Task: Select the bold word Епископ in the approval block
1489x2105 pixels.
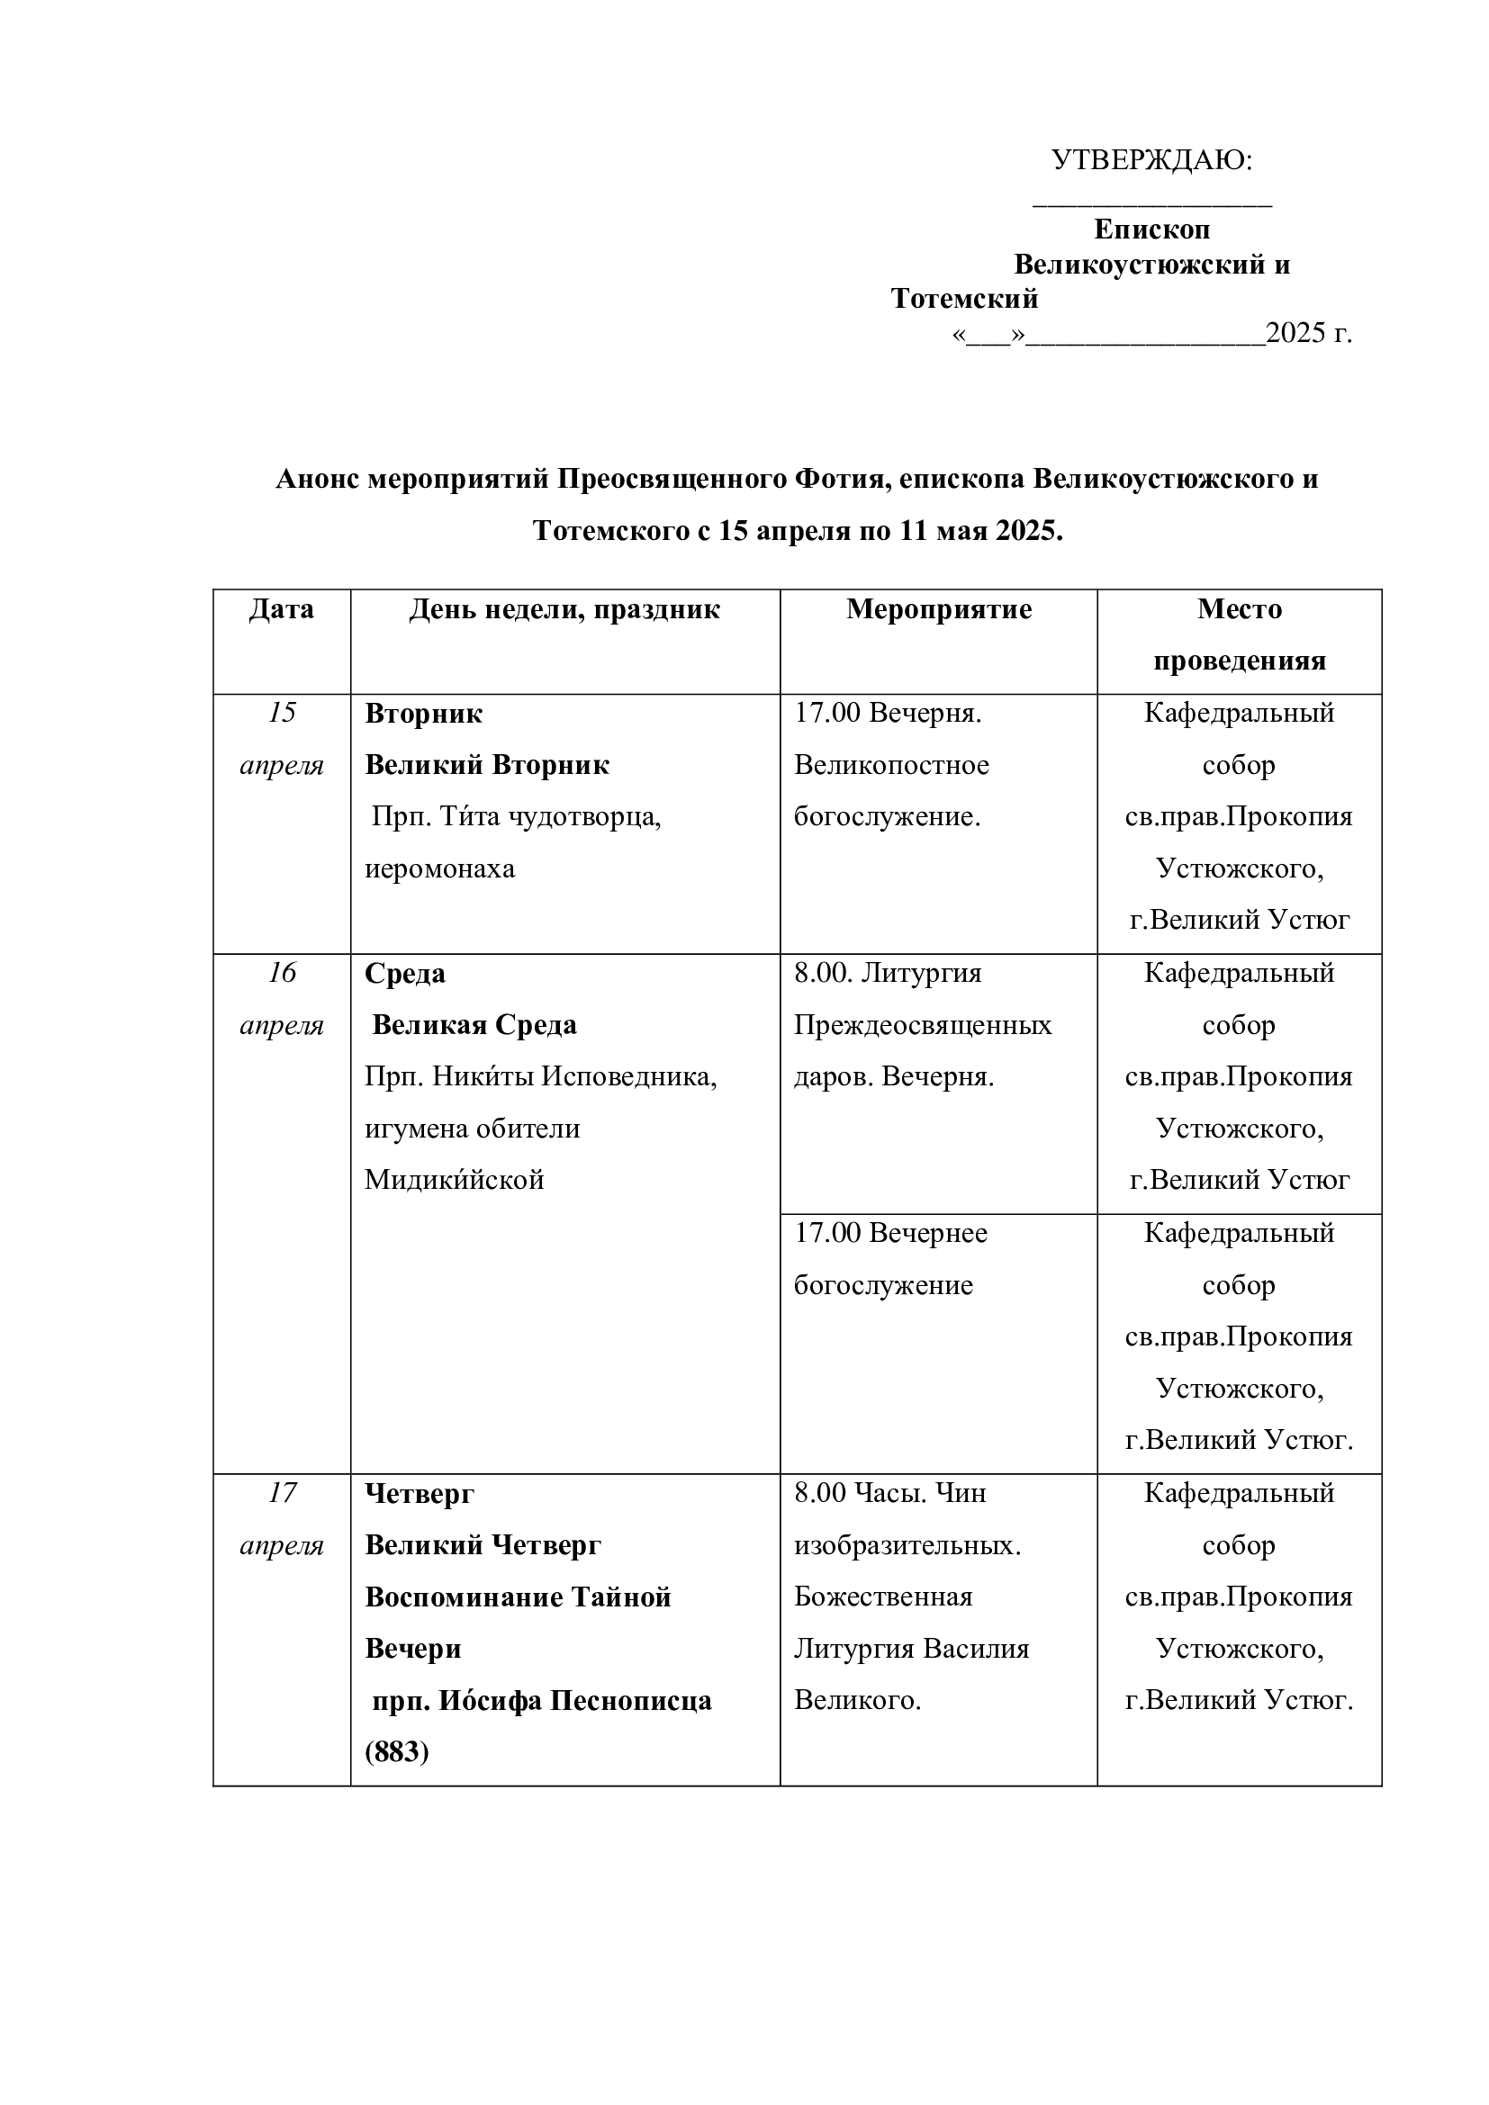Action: point(1151,229)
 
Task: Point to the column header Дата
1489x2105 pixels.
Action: point(282,609)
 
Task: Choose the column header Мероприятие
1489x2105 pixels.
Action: point(938,609)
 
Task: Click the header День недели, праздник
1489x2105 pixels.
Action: point(564,609)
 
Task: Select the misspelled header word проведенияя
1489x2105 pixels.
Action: point(1239,661)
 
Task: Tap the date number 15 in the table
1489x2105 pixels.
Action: point(282,713)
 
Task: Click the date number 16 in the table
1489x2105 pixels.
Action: point(282,973)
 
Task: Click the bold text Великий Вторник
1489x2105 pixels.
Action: point(487,765)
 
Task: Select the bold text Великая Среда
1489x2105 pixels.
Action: point(474,1025)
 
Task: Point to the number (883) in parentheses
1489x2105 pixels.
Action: point(397,1752)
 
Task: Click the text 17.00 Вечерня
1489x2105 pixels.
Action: point(888,713)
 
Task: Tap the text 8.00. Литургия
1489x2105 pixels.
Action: point(888,973)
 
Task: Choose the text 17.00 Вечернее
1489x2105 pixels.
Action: point(890,1233)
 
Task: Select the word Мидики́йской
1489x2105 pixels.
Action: point(454,1180)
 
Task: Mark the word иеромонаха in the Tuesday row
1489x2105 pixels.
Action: point(440,868)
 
